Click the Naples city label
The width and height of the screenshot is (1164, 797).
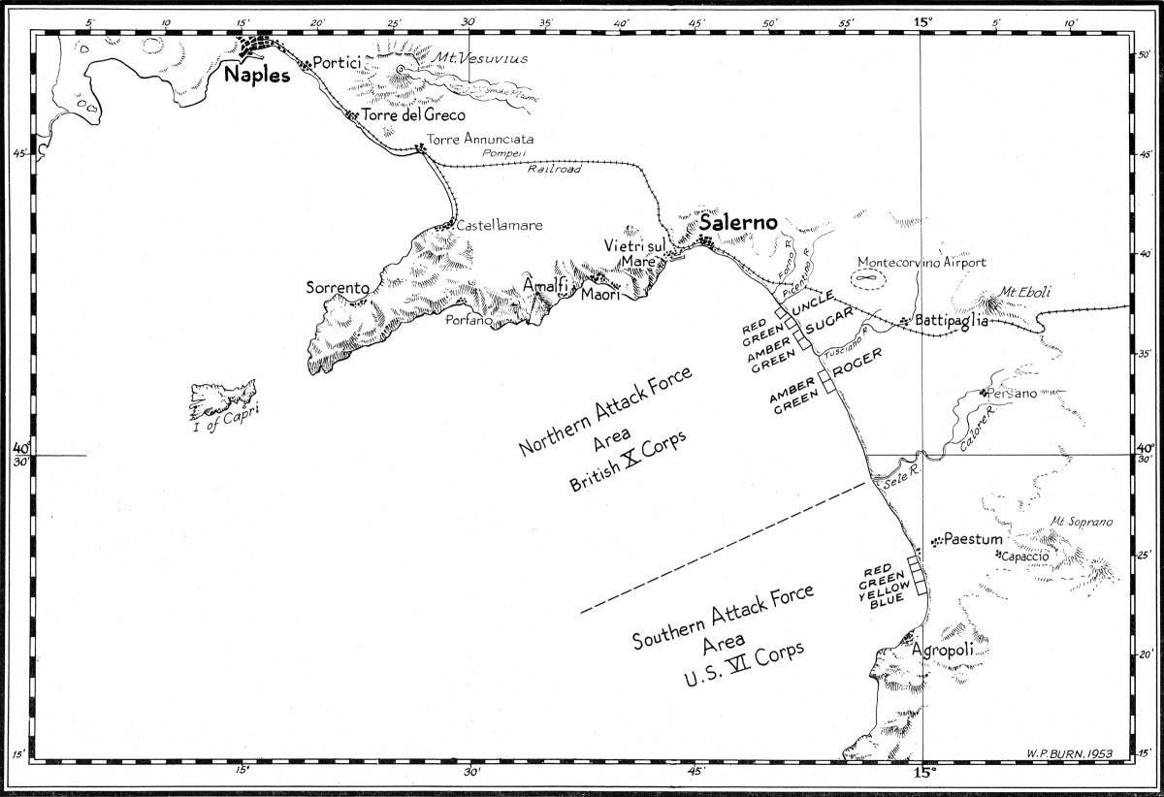[257, 75]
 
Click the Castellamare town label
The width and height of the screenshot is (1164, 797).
[500, 225]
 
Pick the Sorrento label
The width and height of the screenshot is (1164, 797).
[338, 288]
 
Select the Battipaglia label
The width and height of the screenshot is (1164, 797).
[950, 322]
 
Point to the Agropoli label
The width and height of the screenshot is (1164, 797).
[942, 652]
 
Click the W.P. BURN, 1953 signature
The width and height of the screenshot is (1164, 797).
[1070, 752]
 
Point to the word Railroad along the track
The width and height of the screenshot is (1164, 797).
[554, 169]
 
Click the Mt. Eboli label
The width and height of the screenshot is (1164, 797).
[1026, 293]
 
